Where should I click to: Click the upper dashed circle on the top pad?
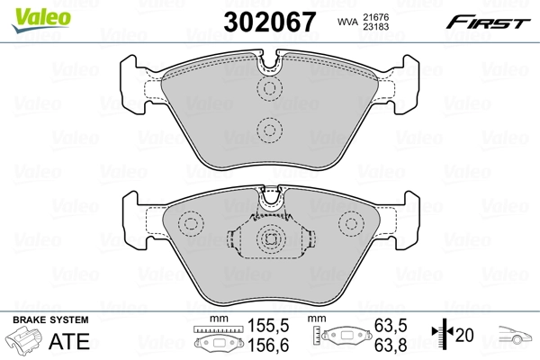269,88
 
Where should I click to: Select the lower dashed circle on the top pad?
269,130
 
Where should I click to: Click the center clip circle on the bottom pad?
270,239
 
